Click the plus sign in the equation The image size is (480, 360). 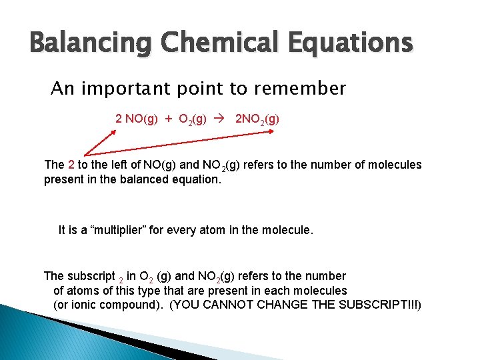[x=169, y=119]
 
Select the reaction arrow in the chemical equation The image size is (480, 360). [x=223, y=119]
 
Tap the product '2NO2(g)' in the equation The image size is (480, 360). [x=257, y=119]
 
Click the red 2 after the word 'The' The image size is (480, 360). [x=71, y=165]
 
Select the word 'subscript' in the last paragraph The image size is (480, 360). [x=91, y=276]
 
